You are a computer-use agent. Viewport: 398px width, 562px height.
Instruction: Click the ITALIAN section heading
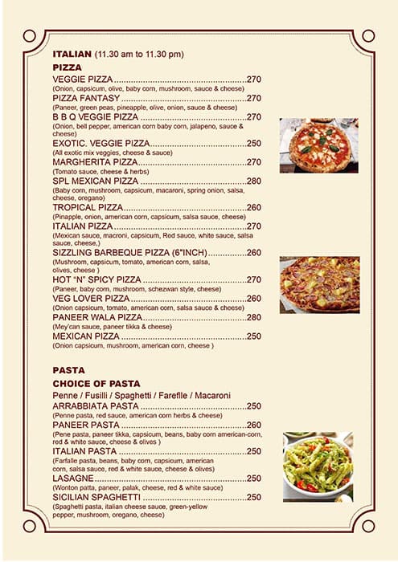click(x=72, y=54)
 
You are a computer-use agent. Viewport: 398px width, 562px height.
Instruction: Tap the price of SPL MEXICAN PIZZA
click(x=254, y=181)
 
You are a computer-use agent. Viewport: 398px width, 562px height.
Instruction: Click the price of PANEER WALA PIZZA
click(x=254, y=317)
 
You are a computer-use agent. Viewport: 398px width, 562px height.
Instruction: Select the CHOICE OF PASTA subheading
click(x=96, y=384)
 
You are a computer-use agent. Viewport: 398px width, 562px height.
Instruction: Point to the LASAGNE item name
click(x=75, y=479)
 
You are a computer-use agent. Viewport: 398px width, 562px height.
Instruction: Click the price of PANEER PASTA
click(x=254, y=425)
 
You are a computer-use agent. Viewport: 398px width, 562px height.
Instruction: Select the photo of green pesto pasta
click(x=318, y=466)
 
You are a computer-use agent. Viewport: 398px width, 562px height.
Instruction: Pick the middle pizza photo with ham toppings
click(x=319, y=285)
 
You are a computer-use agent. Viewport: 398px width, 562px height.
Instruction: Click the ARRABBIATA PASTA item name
click(x=96, y=406)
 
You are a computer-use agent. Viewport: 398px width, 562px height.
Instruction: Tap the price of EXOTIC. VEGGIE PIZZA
click(x=254, y=143)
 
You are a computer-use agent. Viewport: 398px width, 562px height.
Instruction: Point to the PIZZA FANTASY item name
click(x=86, y=98)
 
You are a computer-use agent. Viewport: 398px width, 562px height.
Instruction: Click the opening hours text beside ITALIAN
click(x=139, y=54)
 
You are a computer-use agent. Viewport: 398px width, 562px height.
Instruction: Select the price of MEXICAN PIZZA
click(x=254, y=336)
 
